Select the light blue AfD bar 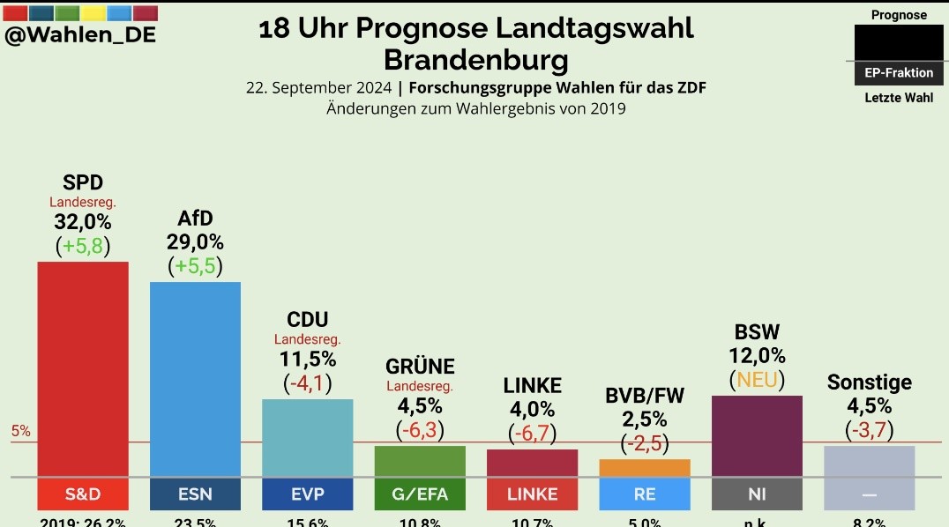(195, 379)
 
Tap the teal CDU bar (307, 437)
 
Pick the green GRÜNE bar (419, 461)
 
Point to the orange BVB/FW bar (644, 468)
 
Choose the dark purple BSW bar (756, 435)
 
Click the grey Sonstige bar (869, 461)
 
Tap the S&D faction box (82, 494)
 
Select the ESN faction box (195, 494)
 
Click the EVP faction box (307, 494)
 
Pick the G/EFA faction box (419, 494)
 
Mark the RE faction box (644, 494)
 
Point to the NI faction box (756, 494)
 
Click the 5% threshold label (20, 431)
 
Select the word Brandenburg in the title (475, 60)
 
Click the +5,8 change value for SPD (83, 246)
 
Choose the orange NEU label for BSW (757, 379)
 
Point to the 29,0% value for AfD (195, 241)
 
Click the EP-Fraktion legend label (899, 73)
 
